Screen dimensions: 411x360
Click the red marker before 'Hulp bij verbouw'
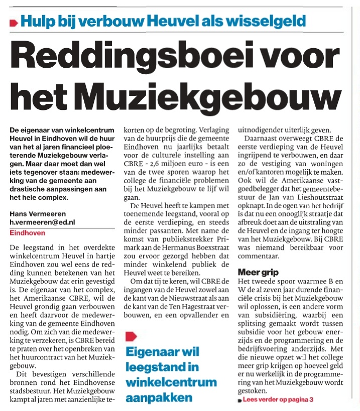point(13,23)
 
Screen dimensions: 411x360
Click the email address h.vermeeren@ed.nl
point(42,222)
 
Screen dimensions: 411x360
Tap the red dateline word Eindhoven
point(27,233)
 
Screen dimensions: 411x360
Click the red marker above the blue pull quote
point(130,336)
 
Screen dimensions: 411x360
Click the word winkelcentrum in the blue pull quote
point(171,383)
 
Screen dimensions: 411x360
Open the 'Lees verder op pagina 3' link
point(278,400)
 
